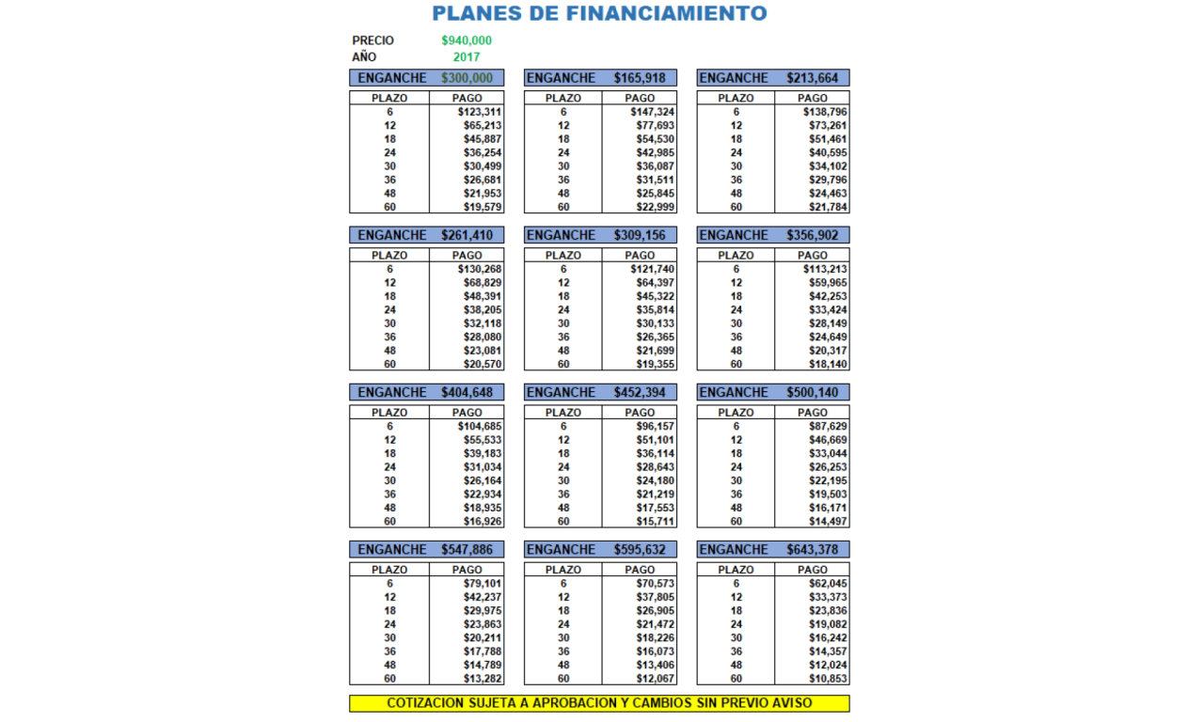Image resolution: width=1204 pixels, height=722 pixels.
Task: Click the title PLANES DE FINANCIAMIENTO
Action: click(x=599, y=13)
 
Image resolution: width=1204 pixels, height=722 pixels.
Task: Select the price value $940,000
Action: click(x=467, y=40)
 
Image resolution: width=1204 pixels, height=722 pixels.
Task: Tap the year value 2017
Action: click(x=467, y=56)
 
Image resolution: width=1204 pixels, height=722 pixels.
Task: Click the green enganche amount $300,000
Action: click(x=467, y=78)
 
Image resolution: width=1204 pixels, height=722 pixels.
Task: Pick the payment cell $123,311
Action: click(x=480, y=112)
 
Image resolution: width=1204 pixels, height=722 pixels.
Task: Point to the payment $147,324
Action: click(x=653, y=112)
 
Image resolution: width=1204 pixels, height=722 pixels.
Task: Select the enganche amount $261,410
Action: click(x=467, y=235)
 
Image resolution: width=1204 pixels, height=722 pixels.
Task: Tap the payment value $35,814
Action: click(x=656, y=309)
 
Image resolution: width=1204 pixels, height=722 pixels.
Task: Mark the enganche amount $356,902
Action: click(x=813, y=235)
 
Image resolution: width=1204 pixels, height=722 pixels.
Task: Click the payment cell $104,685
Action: click(x=480, y=426)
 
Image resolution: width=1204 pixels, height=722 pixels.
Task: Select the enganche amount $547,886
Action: click(x=467, y=549)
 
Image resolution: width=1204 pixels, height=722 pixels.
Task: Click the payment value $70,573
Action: click(x=656, y=583)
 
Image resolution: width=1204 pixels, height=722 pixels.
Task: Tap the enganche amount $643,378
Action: click(x=813, y=549)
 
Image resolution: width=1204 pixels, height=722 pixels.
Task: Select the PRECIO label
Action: click(x=373, y=40)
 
